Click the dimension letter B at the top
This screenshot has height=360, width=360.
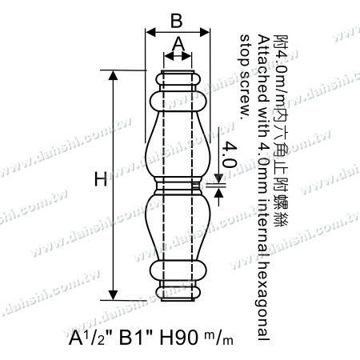pyautogui.click(x=178, y=17)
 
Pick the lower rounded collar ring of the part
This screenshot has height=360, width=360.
pyautogui.click(x=178, y=268)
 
